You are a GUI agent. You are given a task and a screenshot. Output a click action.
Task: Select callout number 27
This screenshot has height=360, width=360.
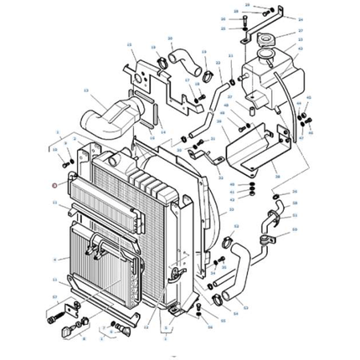(301, 31)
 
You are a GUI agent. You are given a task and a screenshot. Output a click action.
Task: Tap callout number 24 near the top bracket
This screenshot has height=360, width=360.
(301, 18)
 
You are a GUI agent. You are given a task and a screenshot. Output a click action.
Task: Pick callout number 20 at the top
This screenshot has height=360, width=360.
(170, 39)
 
